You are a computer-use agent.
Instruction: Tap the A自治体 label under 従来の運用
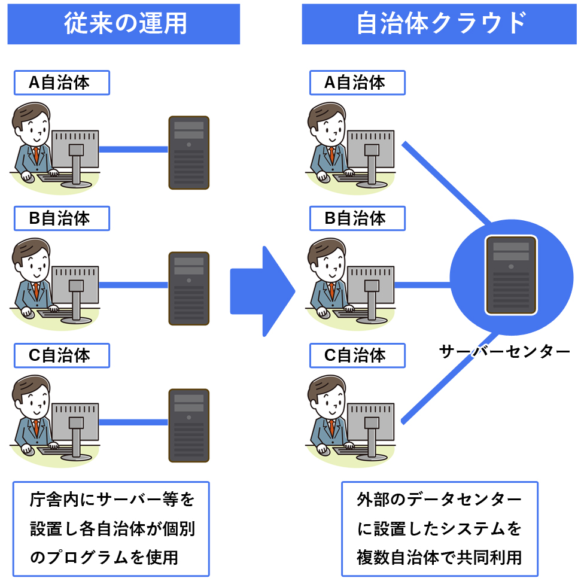click(62, 83)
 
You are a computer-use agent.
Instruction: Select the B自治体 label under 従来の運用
click(62, 218)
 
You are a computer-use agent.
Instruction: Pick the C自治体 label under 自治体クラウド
click(358, 355)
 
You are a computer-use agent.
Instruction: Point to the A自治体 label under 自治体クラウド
click(358, 83)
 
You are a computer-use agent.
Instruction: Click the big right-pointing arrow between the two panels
click(263, 291)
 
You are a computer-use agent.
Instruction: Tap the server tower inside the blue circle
click(512, 275)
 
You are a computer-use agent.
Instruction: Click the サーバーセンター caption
click(504, 351)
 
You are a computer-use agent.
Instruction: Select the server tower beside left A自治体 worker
click(189, 153)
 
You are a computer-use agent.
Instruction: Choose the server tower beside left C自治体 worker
click(189, 425)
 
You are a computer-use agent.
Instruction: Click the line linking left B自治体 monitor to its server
click(133, 285)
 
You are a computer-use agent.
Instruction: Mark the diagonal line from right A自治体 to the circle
click(446, 182)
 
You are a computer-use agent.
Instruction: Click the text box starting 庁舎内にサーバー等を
click(111, 529)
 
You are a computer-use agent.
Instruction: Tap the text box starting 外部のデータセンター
click(439, 529)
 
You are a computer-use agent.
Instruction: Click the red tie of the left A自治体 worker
click(36, 155)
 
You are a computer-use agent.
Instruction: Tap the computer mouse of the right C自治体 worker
click(323, 449)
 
